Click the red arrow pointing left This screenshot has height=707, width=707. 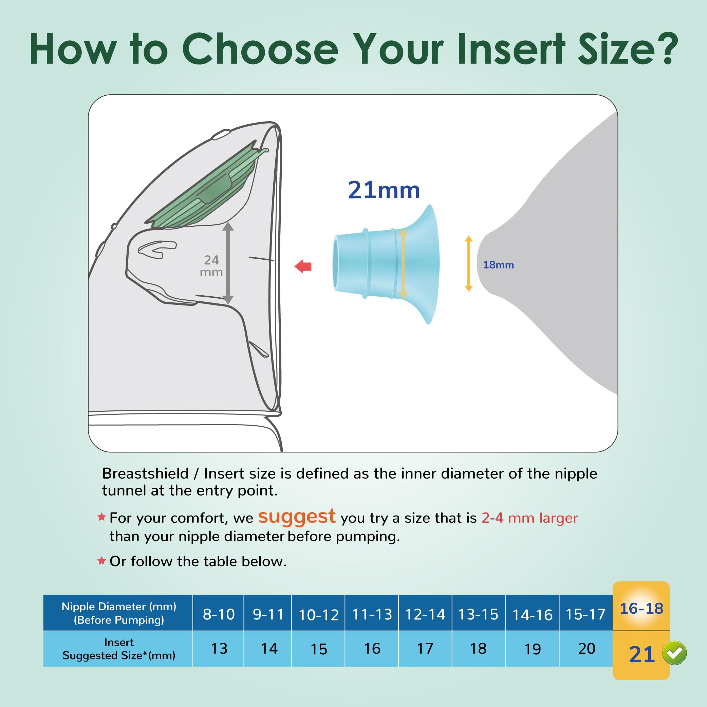tap(303, 266)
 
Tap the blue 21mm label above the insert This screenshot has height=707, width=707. tap(384, 190)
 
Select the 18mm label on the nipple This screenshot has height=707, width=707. tap(498, 265)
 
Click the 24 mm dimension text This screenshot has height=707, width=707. tap(211, 266)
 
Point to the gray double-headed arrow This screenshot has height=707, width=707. tap(228, 263)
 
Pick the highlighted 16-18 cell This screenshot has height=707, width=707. tap(641, 609)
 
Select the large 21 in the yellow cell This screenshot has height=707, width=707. tap(641, 654)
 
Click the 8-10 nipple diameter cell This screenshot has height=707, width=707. tap(219, 614)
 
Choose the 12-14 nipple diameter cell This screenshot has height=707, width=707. tap(425, 614)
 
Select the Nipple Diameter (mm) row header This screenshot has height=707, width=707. tap(118, 613)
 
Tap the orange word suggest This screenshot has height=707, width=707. tap(296, 517)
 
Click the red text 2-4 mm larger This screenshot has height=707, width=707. tap(529, 518)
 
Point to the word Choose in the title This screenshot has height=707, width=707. tap(260, 50)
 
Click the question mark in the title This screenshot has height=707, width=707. tap(665, 50)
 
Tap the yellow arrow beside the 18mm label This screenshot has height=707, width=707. tap(468, 263)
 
